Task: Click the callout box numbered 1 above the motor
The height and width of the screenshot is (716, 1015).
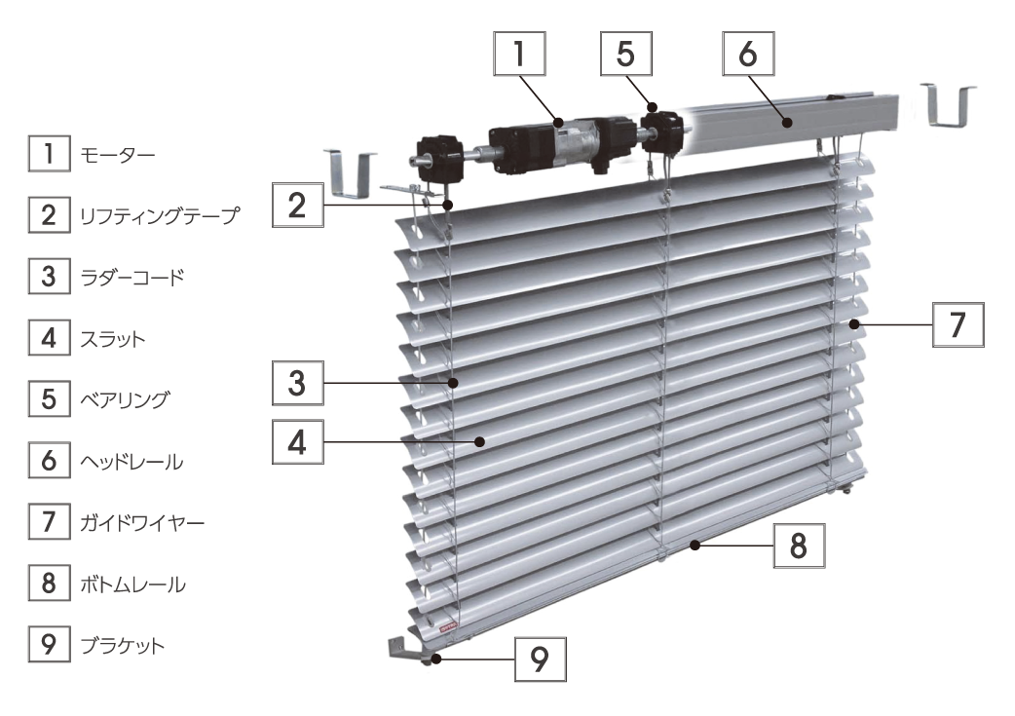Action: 519,54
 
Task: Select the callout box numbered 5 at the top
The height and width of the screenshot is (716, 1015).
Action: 626,54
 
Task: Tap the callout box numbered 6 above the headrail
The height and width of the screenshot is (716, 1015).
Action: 748,54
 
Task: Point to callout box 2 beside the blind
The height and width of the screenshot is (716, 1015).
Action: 298,206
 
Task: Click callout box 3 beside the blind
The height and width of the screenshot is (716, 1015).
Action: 298,383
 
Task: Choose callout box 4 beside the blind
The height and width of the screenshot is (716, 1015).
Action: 298,442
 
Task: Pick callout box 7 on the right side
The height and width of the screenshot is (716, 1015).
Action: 959,325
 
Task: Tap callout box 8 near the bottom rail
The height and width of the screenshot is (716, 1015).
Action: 800,546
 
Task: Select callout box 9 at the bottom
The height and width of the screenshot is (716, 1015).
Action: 541,659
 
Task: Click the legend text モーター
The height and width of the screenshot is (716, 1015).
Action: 117,155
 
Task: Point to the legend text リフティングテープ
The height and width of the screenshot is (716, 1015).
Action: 159,215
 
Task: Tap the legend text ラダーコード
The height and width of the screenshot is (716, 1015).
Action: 132,277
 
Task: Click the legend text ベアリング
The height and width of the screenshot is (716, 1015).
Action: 125,399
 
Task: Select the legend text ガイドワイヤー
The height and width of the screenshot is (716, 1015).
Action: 142,522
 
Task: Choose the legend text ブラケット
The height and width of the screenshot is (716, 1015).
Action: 123,645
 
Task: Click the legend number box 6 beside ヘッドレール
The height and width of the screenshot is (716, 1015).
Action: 50,460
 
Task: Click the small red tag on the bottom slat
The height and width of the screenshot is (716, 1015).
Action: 448,625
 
